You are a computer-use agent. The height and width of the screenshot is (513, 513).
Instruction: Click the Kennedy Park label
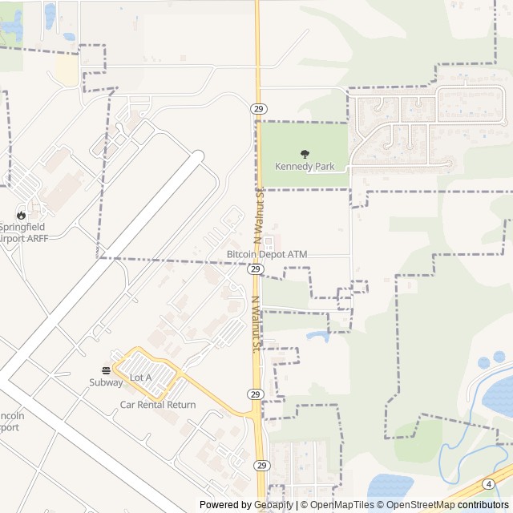pos(305,167)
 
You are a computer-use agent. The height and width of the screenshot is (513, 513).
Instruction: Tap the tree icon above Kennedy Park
pos(305,153)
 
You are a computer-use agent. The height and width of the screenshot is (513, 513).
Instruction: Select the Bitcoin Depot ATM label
pos(267,254)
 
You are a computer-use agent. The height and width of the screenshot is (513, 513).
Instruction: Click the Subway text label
pos(106,382)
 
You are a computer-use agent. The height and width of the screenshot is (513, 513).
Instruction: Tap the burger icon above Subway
pos(106,370)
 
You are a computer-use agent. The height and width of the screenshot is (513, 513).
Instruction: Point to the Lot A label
pos(141,377)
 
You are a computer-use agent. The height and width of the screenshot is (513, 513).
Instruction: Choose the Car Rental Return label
pos(158,405)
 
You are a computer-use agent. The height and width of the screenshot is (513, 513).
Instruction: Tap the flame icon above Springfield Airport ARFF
pos(22,215)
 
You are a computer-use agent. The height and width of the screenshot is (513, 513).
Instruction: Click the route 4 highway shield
pos(488,483)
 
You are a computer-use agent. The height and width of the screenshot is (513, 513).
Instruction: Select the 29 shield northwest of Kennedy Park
pos(257,109)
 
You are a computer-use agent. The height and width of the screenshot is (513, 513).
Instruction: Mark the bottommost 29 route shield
pos(262,465)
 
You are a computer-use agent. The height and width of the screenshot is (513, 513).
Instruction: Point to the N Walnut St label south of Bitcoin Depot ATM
pos(256,325)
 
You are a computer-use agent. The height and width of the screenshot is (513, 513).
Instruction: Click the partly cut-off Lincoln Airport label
pos(12,422)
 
